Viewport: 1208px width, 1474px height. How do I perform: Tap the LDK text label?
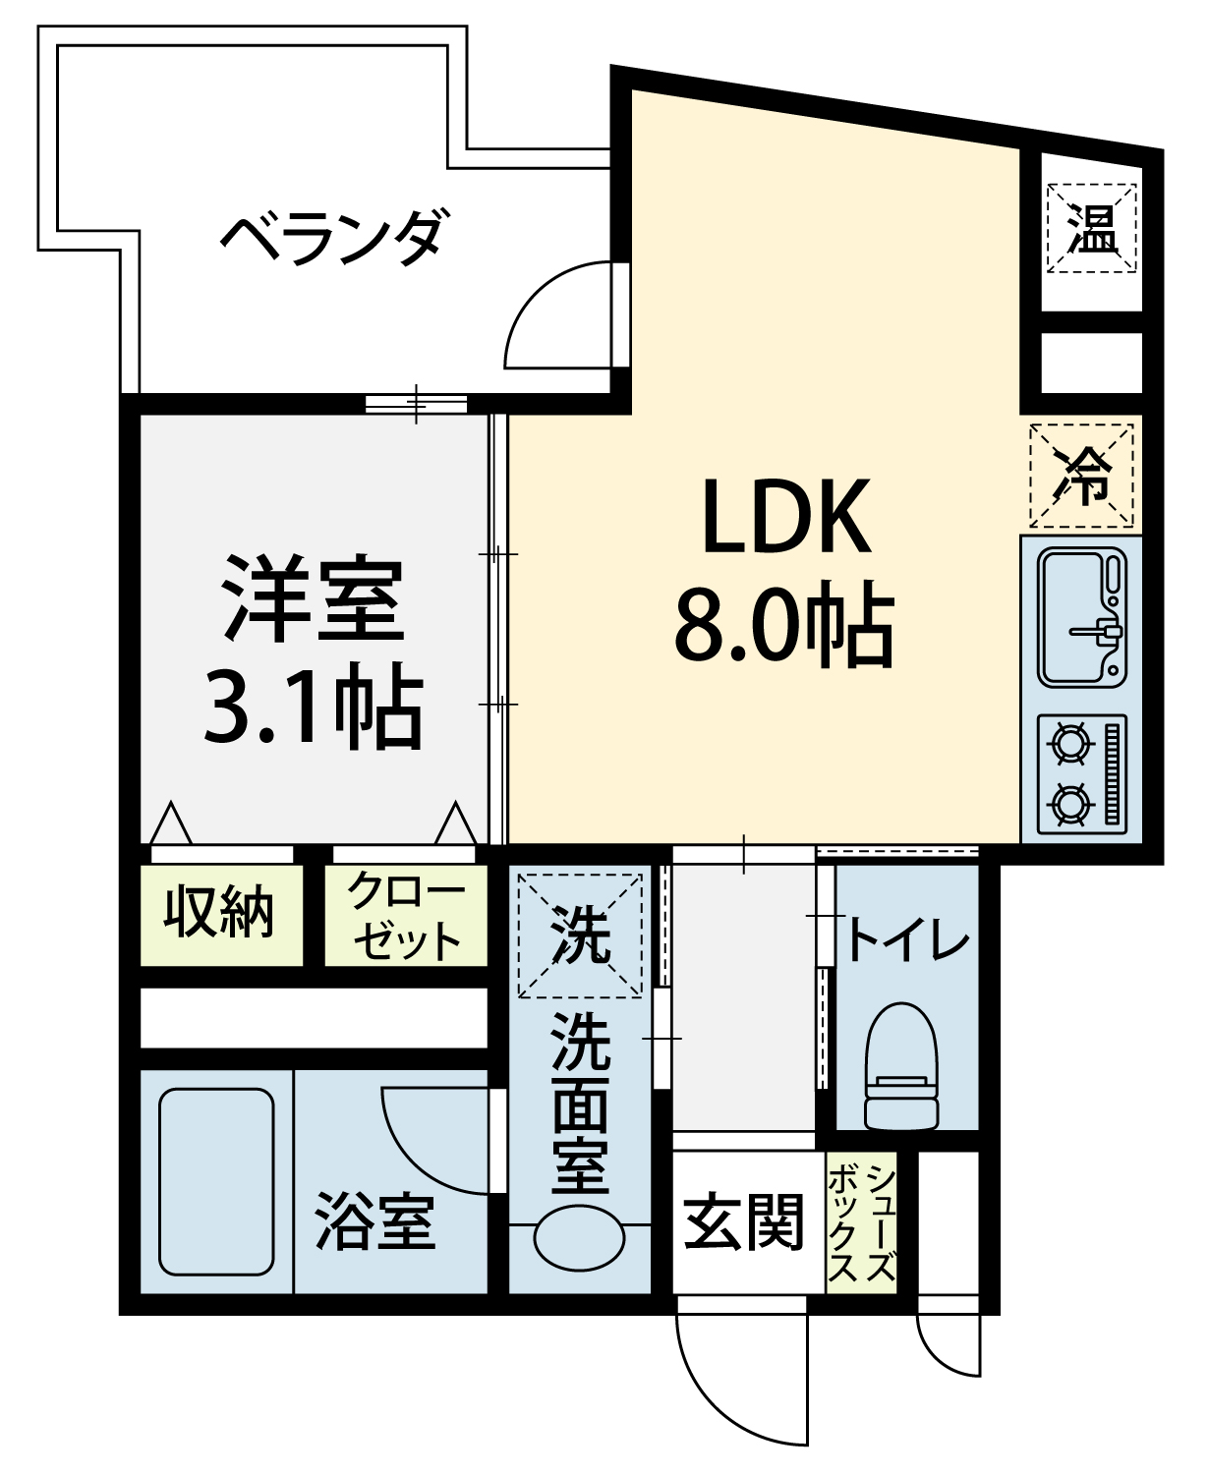click(x=787, y=516)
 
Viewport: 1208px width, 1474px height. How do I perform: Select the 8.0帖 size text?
click(x=783, y=623)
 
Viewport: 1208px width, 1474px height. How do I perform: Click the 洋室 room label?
click(x=314, y=598)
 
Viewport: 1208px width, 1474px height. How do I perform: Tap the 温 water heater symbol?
click(x=1091, y=228)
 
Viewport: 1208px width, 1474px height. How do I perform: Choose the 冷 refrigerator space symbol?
click(x=1081, y=476)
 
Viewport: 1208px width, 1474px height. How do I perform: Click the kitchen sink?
click(x=1081, y=618)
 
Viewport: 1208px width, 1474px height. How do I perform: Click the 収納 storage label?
click(x=219, y=911)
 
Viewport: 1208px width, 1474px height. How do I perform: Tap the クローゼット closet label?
click(x=406, y=915)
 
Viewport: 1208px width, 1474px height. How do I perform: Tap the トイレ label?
click(x=908, y=936)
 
